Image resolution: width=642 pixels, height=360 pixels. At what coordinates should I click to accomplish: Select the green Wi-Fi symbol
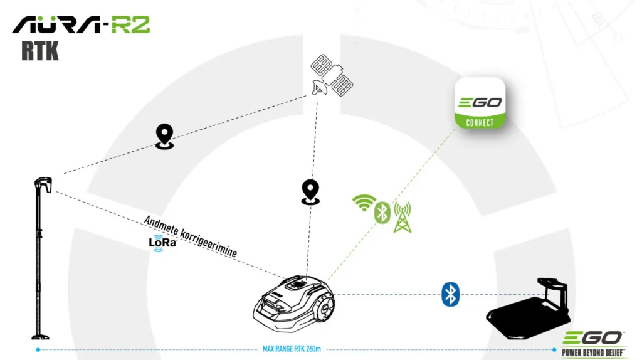click(363, 203)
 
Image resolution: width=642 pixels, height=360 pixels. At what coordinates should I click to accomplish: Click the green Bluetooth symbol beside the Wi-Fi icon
click(382, 213)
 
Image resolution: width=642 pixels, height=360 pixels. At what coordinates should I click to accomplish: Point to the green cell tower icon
click(402, 216)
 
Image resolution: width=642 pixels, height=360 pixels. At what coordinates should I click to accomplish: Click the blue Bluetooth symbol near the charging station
click(450, 294)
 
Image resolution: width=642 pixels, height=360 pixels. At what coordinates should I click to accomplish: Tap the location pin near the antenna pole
click(165, 136)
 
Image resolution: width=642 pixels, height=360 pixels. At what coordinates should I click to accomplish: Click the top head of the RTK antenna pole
click(43, 184)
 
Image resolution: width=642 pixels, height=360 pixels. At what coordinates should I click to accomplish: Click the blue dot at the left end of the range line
click(38, 349)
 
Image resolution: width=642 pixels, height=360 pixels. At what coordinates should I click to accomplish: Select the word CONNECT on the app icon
click(480, 122)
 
